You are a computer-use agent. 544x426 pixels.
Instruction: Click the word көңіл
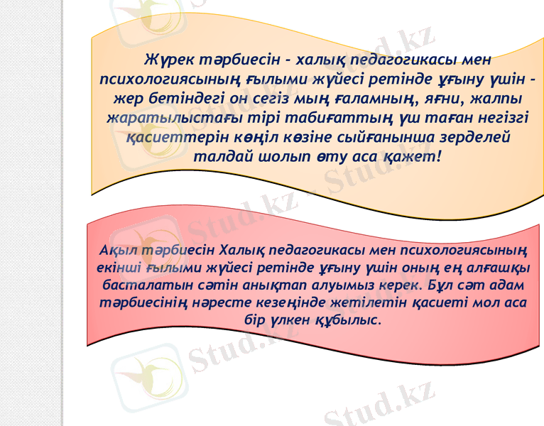(x=241, y=136)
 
